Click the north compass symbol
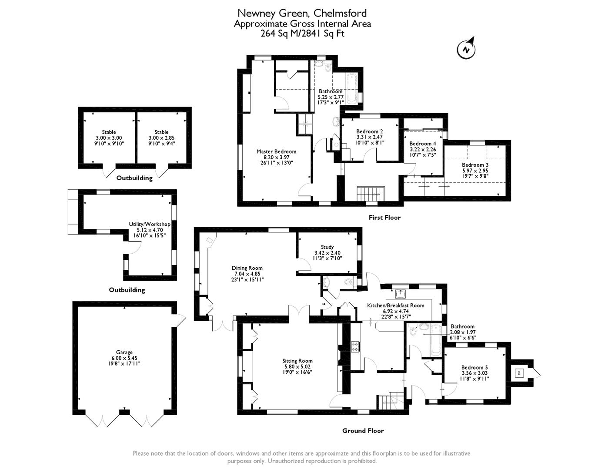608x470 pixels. tap(466, 50)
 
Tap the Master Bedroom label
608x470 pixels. tap(276, 151)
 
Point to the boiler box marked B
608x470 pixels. tap(519, 373)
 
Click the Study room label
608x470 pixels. tap(327, 247)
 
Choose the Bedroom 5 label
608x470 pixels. tap(474, 367)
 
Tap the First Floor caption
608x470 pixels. tap(384, 217)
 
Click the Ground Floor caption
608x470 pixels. tap(363, 431)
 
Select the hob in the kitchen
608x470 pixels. tap(355, 346)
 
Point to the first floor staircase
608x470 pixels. tap(371, 193)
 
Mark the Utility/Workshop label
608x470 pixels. tap(150, 224)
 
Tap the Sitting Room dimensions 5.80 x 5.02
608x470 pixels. tap(297, 366)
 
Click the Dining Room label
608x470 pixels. tap(247, 268)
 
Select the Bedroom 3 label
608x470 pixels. tap(475, 165)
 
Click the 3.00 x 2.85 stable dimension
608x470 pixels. tap(161, 138)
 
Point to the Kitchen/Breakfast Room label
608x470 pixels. tap(395, 305)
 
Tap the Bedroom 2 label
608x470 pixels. tap(370, 131)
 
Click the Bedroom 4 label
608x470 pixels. tap(422, 144)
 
